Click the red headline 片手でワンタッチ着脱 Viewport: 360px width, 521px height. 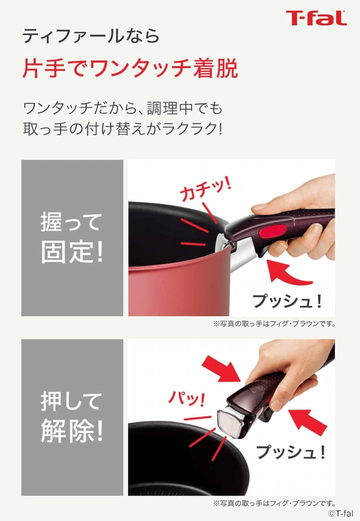pos(130,69)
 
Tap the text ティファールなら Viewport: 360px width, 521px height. pos(91,35)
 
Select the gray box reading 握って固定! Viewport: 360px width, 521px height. pos(72,238)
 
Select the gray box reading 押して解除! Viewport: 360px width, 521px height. pos(72,417)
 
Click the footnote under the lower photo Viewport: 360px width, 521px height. pos(274,503)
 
